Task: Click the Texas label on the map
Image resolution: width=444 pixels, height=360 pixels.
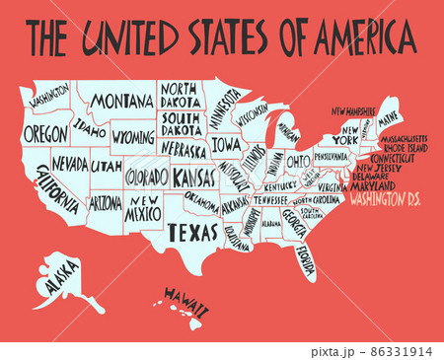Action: [x=192, y=233]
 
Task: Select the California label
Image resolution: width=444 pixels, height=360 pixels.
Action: [x=56, y=190]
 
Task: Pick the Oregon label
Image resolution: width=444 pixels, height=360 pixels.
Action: [x=45, y=132]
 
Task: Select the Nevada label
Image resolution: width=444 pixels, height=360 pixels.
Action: [x=69, y=162]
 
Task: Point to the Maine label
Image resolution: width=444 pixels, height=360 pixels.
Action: [x=389, y=116]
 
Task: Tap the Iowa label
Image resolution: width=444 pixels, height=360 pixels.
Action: [x=225, y=144]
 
